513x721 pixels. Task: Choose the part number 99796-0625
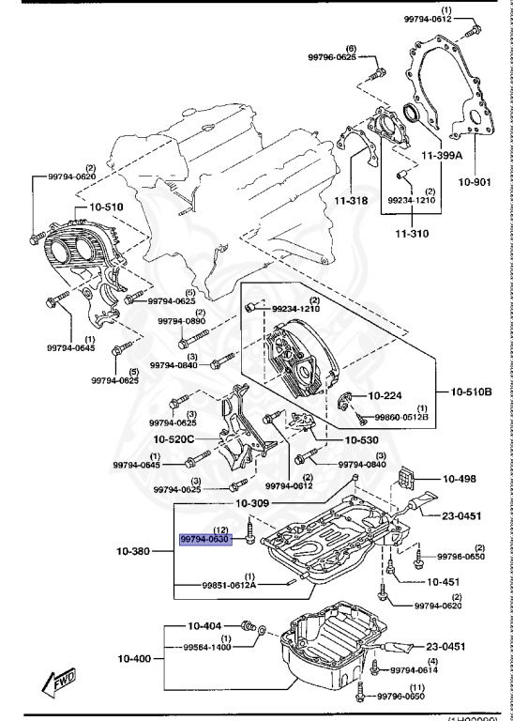[x=332, y=57]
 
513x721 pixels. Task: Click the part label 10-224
[x=385, y=396]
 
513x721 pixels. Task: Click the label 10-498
[x=459, y=479]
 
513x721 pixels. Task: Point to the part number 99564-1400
[x=207, y=647]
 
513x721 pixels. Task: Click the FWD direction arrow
[x=60, y=680]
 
